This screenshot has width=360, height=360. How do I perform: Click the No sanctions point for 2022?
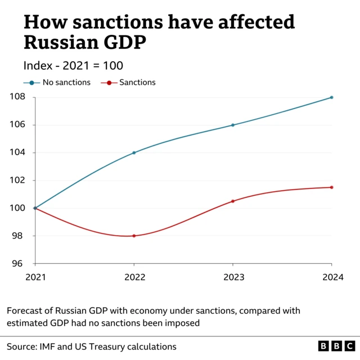pyautogui.click(x=134, y=152)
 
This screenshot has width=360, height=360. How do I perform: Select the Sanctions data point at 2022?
pyautogui.click(x=134, y=236)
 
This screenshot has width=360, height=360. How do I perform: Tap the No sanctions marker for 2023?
pyautogui.click(x=233, y=125)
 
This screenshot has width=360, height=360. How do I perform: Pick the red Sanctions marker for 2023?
pyautogui.click(x=233, y=201)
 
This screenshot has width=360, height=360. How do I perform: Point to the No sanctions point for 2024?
pyautogui.click(x=332, y=97)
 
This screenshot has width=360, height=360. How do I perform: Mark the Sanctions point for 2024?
pyautogui.click(x=332, y=187)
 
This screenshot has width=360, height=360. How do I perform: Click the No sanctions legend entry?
pyautogui.click(x=57, y=82)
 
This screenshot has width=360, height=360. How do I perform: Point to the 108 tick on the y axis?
pyautogui.click(x=17, y=97)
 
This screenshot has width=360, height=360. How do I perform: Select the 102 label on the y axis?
pyautogui.click(x=17, y=181)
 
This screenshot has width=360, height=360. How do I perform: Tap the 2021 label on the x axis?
pyautogui.click(x=35, y=277)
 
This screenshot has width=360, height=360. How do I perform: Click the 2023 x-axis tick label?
pyautogui.click(x=233, y=277)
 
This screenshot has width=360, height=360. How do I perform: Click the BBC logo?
pyautogui.click(x=336, y=346)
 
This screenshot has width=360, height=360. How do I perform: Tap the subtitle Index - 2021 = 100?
pyautogui.click(x=73, y=65)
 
